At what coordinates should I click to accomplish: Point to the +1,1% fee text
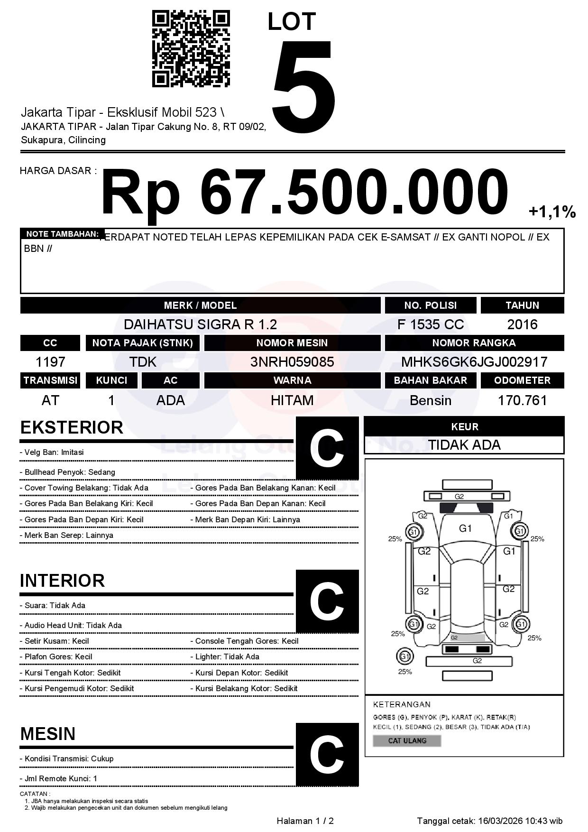[552, 212]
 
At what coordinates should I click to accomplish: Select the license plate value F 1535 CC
[430, 324]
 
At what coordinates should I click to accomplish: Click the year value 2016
[522, 324]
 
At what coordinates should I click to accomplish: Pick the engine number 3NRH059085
[292, 362]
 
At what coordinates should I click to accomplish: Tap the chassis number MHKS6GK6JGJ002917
[474, 362]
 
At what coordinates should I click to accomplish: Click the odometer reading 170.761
[522, 400]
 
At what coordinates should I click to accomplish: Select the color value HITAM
[292, 400]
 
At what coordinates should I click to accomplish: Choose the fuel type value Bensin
[430, 400]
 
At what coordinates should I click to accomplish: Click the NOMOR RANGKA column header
[474, 343]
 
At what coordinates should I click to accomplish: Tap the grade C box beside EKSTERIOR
[327, 448]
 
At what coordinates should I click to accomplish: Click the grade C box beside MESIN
[327, 754]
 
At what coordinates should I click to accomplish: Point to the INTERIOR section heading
[62, 581]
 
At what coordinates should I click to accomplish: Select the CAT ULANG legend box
[407, 740]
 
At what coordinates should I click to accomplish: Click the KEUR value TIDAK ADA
[464, 445]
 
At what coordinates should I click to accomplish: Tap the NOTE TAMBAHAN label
[62, 234]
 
